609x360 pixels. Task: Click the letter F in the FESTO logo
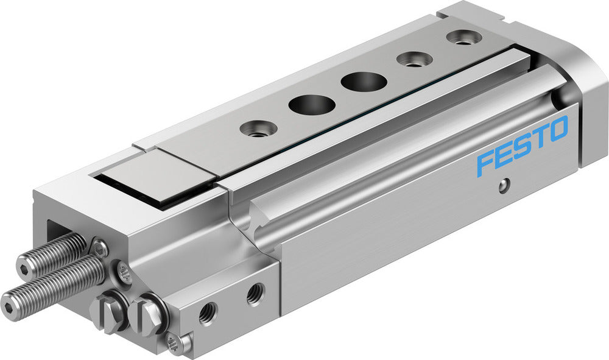486,162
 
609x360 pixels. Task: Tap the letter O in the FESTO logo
557,129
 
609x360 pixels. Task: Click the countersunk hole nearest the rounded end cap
464,37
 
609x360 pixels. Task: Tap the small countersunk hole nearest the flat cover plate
255,128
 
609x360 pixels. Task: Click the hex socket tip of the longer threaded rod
9,301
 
